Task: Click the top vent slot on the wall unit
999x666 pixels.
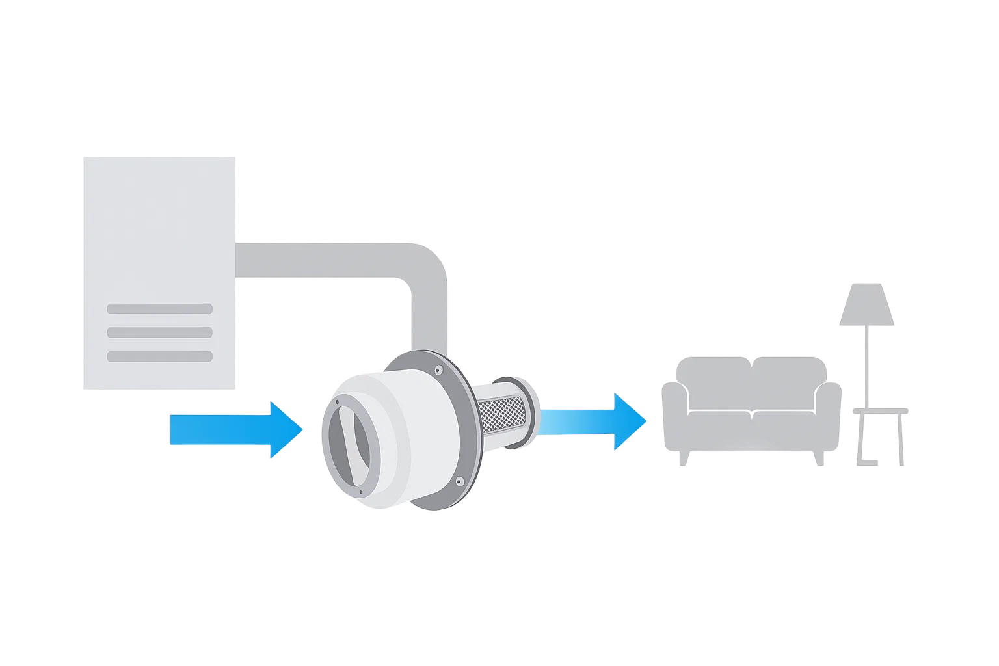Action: tap(159, 308)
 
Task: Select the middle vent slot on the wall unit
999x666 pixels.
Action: tap(159, 332)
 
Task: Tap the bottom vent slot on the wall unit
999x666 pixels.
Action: tap(159, 356)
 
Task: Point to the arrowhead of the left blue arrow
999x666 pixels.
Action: tap(286, 430)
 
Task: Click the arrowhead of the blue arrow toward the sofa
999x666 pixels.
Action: tap(630, 421)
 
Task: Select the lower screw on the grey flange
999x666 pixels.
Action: tap(459, 481)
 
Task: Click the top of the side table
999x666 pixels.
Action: tap(880, 411)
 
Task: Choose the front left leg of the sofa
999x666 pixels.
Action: tap(682, 458)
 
